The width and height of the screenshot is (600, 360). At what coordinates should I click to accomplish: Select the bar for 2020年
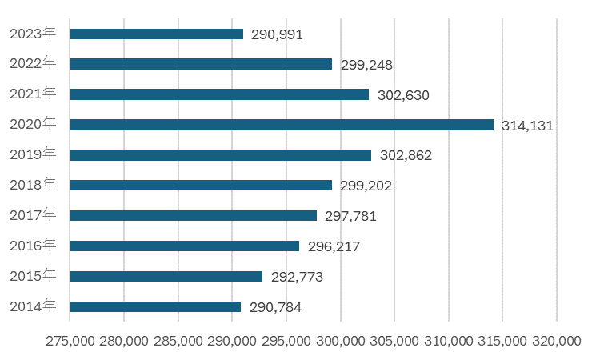click(282, 125)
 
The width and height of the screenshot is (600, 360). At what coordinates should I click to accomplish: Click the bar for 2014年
click(155, 306)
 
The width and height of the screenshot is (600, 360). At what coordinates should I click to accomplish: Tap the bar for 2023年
click(157, 34)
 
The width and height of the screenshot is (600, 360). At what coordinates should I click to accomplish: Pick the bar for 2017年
click(194, 215)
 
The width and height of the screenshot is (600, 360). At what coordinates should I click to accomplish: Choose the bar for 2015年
click(166, 276)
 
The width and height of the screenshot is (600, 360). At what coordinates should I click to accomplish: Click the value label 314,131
click(528, 126)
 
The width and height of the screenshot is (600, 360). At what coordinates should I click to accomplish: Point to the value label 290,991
click(278, 35)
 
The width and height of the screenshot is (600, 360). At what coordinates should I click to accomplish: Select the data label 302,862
click(406, 156)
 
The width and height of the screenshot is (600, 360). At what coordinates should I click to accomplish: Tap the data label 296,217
click(334, 246)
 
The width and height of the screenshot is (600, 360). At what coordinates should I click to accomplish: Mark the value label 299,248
click(366, 65)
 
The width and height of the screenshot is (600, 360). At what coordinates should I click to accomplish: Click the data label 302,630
click(403, 95)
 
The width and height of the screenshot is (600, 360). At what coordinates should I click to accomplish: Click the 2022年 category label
click(33, 63)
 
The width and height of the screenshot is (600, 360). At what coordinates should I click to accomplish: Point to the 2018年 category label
click(33, 185)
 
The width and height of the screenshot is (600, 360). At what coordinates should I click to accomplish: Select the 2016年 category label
click(33, 246)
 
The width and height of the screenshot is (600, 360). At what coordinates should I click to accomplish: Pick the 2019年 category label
click(33, 154)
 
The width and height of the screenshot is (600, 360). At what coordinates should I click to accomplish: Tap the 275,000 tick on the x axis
click(70, 341)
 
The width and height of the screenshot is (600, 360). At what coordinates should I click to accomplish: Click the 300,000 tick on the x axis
click(341, 341)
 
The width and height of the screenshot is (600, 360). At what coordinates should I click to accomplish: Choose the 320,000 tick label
click(557, 341)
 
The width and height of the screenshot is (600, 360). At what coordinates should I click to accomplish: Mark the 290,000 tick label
click(232, 341)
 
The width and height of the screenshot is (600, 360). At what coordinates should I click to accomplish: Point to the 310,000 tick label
click(449, 341)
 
